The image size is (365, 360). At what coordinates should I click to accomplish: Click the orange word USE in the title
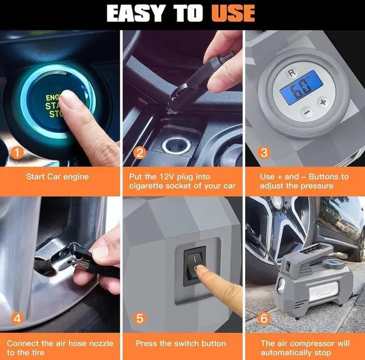click(233, 13)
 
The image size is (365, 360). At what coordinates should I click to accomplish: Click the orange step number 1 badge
click(17, 153)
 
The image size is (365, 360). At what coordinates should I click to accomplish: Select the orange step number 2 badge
click(139, 153)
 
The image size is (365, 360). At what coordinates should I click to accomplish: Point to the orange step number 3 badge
click(263, 153)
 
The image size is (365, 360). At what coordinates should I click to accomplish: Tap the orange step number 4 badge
click(17, 318)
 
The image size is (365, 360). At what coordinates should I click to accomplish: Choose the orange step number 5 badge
click(140, 318)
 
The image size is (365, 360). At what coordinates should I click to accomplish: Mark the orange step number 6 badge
click(263, 318)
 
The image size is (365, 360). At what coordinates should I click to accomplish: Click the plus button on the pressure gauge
click(323, 102)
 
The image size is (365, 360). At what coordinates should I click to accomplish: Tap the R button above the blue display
click(292, 72)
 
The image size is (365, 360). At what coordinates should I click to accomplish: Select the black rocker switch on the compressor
click(195, 266)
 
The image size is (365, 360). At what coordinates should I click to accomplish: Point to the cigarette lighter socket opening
click(176, 145)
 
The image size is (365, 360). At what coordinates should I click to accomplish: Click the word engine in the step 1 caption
click(76, 177)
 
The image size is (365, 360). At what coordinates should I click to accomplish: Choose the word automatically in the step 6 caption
click(286, 353)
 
